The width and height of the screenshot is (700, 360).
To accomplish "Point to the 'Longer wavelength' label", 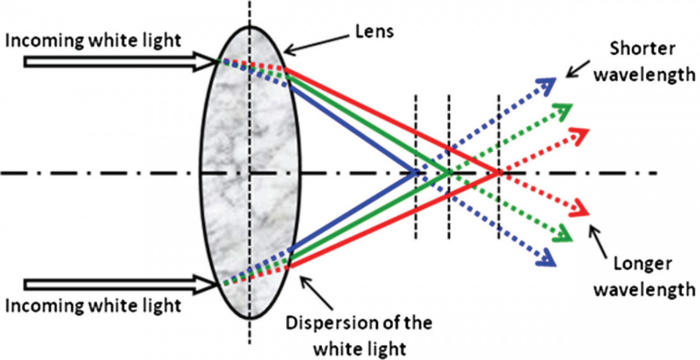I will pyautogui.click(x=645, y=277).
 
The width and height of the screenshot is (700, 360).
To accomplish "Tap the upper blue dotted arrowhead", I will pyautogui.click(x=548, y=85).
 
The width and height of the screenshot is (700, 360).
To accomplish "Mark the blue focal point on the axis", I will pyautogui.click(x=415, y=173).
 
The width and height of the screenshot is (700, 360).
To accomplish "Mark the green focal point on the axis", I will pyautogui.click(x=449, y=173).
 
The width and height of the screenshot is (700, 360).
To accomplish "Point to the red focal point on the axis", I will pyautogui.click(x=499, y=173).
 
